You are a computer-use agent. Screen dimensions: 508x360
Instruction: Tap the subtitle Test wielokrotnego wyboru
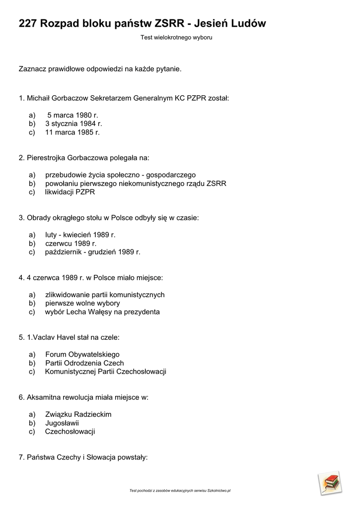(176, 38)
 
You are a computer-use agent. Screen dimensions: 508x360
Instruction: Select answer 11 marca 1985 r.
(72, 132)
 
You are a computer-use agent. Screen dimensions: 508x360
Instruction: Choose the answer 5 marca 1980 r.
(73, 115)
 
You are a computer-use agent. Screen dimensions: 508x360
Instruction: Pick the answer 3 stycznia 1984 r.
(73, 124)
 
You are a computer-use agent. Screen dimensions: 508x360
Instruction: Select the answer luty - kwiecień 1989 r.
(80, 235)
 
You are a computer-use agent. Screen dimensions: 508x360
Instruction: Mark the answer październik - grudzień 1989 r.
(93, 252)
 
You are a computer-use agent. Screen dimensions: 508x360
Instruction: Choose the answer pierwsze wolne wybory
(82, 303)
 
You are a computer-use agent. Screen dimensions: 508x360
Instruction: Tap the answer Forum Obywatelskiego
(82, 354)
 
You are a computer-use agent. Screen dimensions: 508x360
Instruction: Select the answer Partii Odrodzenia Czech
(84, 363)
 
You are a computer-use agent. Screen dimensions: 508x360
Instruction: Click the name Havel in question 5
(71, 337)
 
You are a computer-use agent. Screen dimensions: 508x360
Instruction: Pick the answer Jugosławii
(62, 423)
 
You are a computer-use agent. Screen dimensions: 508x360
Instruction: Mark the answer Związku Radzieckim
(78, 414)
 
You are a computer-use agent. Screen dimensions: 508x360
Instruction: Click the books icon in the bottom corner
(330, 483)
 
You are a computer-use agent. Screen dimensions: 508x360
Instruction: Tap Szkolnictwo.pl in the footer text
(219, 491)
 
